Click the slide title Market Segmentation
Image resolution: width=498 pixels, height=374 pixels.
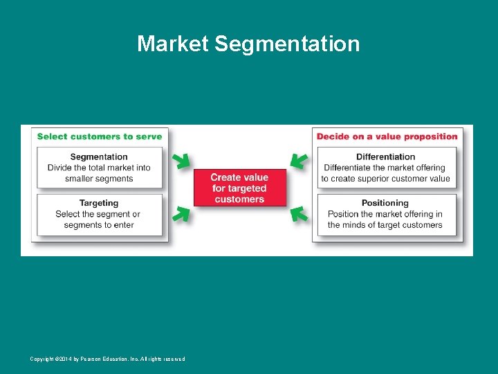[x=248, y=44]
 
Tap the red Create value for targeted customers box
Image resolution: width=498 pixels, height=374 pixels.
[x=239, y=188]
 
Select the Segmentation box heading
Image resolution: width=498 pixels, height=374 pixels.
[x=99, y=157]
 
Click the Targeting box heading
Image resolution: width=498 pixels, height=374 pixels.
[x=99, y=203]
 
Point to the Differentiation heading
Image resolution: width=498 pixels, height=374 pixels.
[x=385, y=157]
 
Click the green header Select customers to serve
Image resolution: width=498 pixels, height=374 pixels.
[x=100, y=136]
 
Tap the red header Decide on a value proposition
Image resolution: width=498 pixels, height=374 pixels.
[x=387, y=136]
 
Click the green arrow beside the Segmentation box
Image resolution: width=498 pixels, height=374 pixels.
[x=181, y=161]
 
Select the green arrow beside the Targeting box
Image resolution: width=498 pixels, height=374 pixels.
[x=181, y=214]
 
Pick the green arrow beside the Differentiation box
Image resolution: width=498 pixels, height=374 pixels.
[x=298, y=161]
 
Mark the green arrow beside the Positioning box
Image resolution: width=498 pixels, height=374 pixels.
[x=298, y=214]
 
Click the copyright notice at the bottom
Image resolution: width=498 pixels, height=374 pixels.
[x=107, y=359]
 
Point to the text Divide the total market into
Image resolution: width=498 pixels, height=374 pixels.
[x=99, y=168]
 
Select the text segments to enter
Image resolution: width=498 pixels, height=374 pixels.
[x=99, y=224]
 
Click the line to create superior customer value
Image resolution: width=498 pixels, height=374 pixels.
[x=385, y=179]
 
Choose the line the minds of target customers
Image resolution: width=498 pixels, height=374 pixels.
[x=385, y=224]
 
